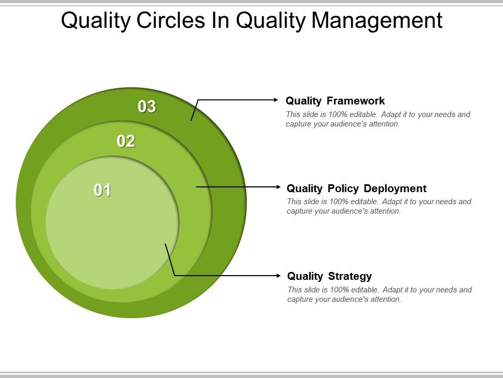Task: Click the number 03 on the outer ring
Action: coord(147,107)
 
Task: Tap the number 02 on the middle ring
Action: coord(126,141)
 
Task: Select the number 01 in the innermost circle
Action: coord(103,190)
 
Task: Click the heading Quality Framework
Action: coord(335,101)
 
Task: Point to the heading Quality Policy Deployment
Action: coord(357,188)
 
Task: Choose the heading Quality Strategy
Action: coord(330,276)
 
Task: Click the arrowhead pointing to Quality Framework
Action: coord(276,99)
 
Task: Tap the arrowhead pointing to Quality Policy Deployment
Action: coord(277,186)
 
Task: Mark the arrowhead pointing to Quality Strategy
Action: coord(277,275)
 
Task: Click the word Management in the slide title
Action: coord(377,21)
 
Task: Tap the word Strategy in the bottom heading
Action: coord(350,276)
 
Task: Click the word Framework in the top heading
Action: coord(356,101)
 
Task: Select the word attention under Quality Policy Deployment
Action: coord(385,212)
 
